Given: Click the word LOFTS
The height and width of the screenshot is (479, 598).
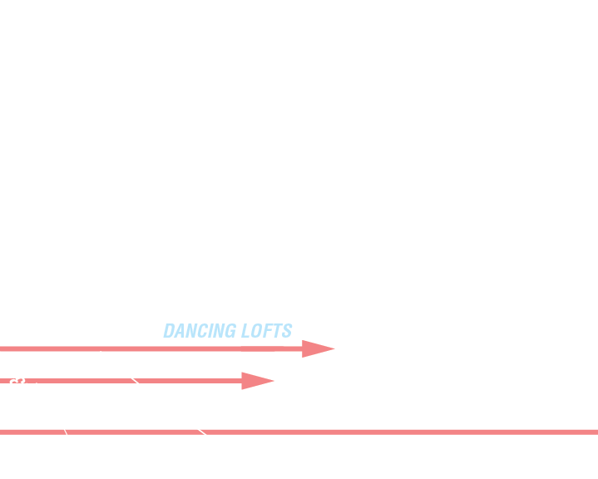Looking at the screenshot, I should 267,331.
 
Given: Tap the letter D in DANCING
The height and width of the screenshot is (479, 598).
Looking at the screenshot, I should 170,331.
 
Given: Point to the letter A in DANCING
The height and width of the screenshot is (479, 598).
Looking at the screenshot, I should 180,331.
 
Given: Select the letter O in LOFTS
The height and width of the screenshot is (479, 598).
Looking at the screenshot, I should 257,331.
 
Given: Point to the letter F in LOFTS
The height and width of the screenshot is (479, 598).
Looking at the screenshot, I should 268,331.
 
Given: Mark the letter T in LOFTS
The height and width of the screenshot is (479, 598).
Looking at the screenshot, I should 277,331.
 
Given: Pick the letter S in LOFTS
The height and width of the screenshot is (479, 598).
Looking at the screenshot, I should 287,331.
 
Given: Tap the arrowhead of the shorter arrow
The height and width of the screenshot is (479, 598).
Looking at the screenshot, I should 255,381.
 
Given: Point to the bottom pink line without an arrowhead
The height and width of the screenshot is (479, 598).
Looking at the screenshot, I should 374,432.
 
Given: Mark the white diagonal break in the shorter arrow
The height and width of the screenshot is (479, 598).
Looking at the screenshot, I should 135,381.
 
